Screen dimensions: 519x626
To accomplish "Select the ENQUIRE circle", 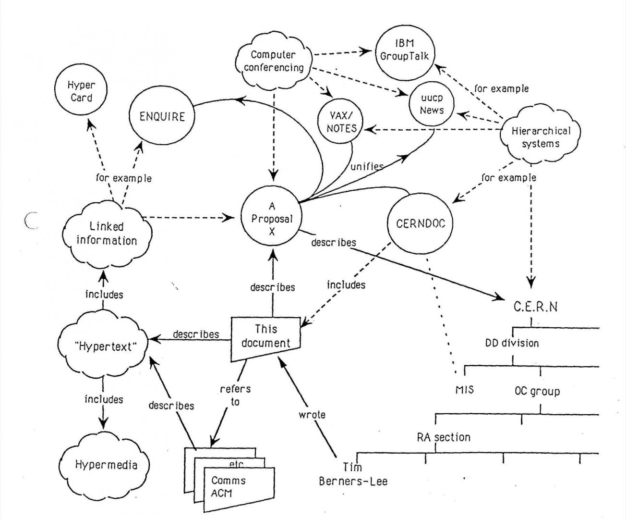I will tap(162, 117).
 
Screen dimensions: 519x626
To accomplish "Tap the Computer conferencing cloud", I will tap(273, 61).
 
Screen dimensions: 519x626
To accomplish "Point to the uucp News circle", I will tap(432, 104).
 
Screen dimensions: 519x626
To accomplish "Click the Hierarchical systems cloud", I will tap(540, 137).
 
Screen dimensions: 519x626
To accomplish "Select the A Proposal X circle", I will tap(272, 219).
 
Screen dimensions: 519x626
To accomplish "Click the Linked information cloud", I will tap(107, 234).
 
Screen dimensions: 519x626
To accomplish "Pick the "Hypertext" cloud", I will tap(104, 346).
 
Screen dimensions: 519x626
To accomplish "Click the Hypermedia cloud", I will tap(106, 464).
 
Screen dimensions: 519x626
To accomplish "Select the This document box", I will tap(266, 336).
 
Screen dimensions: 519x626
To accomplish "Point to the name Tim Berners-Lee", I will tap(353, 474).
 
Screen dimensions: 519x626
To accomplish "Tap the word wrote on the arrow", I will tap(312, 414).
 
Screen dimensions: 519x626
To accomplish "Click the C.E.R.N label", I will tap(536, 307).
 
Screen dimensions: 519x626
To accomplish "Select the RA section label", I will tap(443, 437).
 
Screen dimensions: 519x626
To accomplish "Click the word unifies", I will tap(367, 166).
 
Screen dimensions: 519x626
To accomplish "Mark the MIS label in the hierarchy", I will tap(464, 389).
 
